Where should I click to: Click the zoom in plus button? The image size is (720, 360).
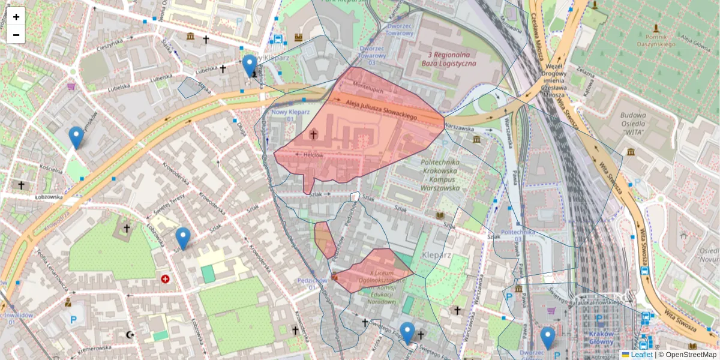[x=16, y=16]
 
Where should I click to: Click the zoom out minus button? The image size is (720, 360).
[x=16, y=35]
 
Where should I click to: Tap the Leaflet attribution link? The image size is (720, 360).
[x=641, y=355]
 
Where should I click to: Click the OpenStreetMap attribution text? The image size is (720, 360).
[x=691, y=355]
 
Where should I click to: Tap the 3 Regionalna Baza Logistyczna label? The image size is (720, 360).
[x=443, y=58]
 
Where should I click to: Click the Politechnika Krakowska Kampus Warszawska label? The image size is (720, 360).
[x=440, y=175]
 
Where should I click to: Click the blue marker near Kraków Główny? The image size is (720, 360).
[x=547, y=337]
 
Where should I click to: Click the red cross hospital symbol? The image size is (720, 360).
[x=165, y=278]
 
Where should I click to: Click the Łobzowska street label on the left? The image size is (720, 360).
[x=48, y=197]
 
